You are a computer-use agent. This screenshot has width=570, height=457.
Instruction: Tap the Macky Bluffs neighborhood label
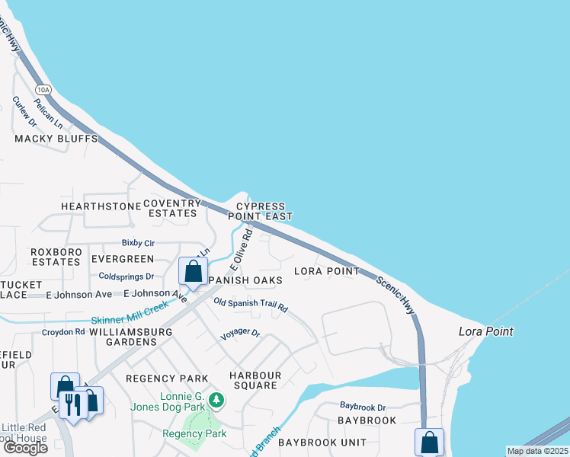tap(56, 139)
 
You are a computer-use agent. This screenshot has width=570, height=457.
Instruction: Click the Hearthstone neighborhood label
tap(101, 206)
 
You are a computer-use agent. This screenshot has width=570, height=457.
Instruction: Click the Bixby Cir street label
tap(138, 243)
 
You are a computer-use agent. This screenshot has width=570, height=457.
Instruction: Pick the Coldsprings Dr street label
tap(126, 276)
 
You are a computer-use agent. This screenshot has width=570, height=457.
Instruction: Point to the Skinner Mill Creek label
tap(130, 313)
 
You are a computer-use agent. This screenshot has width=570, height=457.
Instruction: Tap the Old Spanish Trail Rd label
tap(251, 305)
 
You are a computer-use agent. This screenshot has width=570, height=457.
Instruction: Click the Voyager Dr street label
tap(240, 334)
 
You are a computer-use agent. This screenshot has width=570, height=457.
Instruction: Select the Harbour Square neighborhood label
tap(255, 380)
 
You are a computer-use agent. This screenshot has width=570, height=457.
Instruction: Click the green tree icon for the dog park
tap(217, 399)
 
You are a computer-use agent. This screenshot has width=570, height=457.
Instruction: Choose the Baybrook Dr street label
tap(363, 407)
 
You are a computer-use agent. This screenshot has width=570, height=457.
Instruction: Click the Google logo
tap(24, 448)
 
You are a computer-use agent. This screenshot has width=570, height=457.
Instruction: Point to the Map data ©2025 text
tap(536, 451)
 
